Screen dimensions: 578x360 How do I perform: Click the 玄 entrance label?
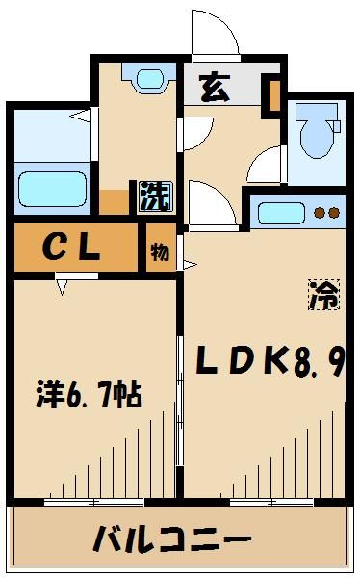(215, 89)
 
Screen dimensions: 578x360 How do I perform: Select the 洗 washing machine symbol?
(153, 197)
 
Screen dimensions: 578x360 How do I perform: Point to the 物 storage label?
(159, 252)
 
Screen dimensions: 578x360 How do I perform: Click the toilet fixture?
(317, 134)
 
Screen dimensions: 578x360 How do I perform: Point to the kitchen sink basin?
(281, 213)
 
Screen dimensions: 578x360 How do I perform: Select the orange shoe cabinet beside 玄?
(274, 96)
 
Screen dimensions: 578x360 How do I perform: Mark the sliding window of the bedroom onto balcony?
(93, 502)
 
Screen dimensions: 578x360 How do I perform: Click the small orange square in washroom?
(114, 203)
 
